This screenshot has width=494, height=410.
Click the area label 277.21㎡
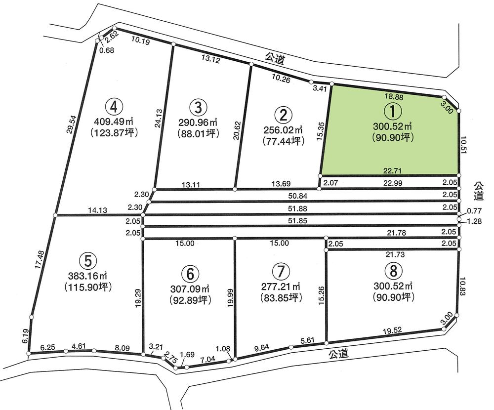pos(280,286)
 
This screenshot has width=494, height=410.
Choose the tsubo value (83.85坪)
pos(280,298)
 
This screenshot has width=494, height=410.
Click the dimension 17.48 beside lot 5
pos(40,259)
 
